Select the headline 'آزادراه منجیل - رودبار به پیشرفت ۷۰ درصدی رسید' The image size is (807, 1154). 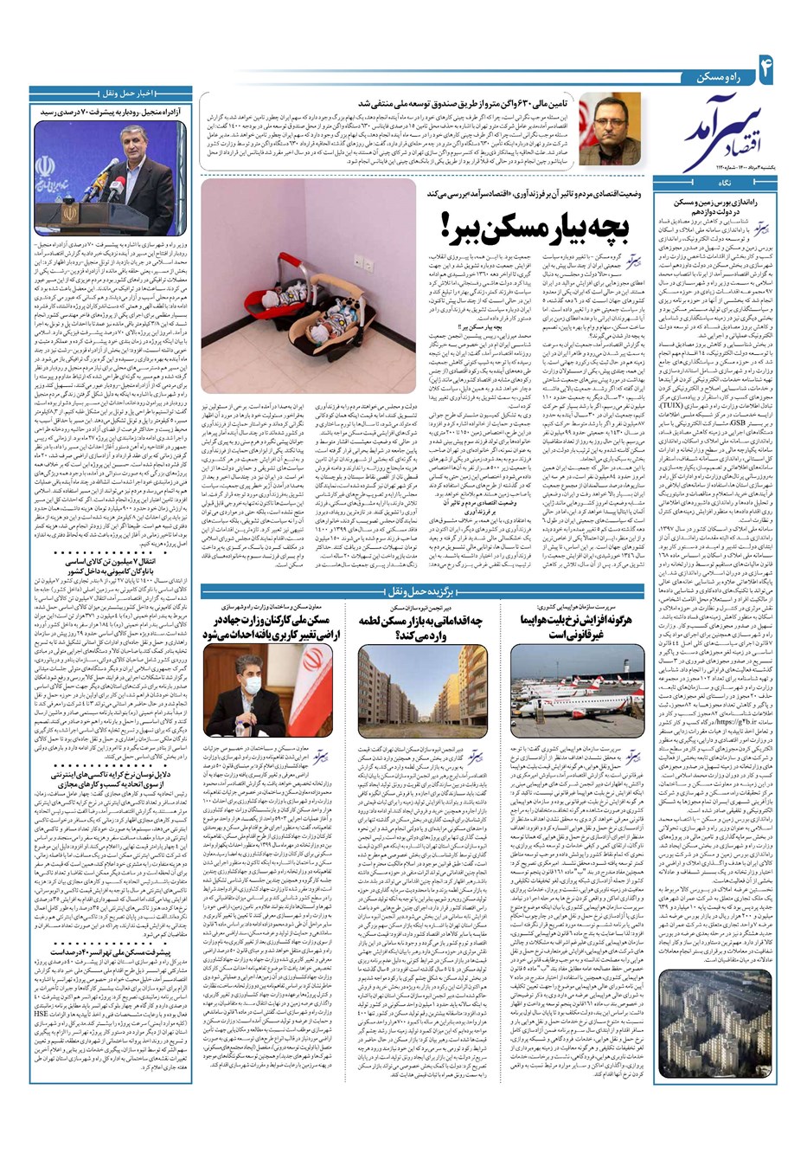(x=110, y=112)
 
